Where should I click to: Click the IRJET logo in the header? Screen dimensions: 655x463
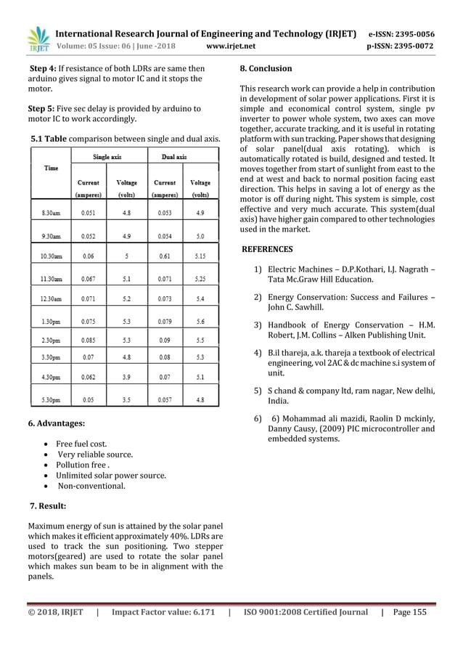pyautogui.click(x=36, y=41)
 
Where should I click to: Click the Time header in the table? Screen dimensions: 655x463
pyautogui.click(x=52, y=168)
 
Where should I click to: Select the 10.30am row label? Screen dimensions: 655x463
pyautogui.click(x=52, y=256)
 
